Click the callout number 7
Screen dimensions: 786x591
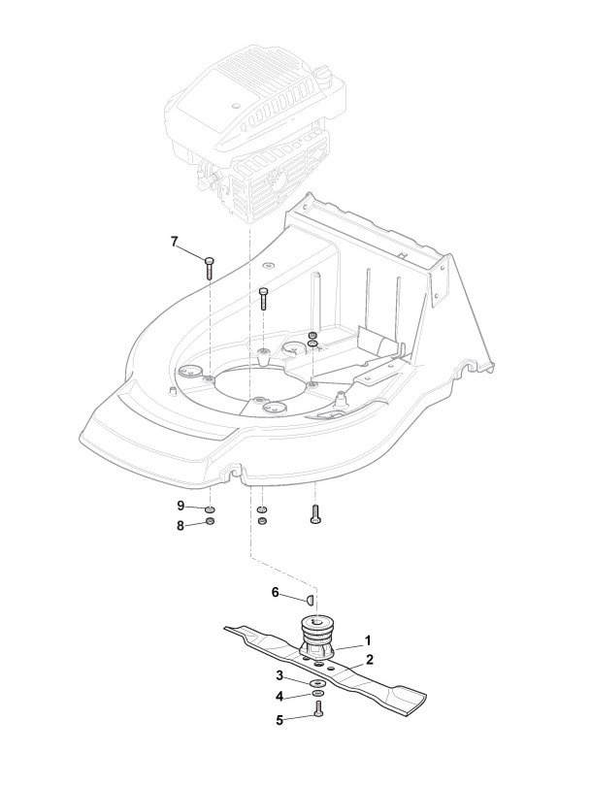[x=175, y=241]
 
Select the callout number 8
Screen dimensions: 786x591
[x=180, y=525]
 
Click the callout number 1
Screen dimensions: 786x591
[x=368, y=641]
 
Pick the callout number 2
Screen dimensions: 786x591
[x=368, y=660]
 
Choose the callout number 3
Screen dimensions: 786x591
[x=279, y=675]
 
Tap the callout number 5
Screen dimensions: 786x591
[x=279, y=719]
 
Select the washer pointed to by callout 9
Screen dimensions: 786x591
[x=211, y=508]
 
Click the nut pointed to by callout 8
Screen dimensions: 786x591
[x=211, y=525]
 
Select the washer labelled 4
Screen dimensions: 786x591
[x=319, y=699]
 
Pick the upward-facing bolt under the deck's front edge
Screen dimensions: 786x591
[x=314, y=514]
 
